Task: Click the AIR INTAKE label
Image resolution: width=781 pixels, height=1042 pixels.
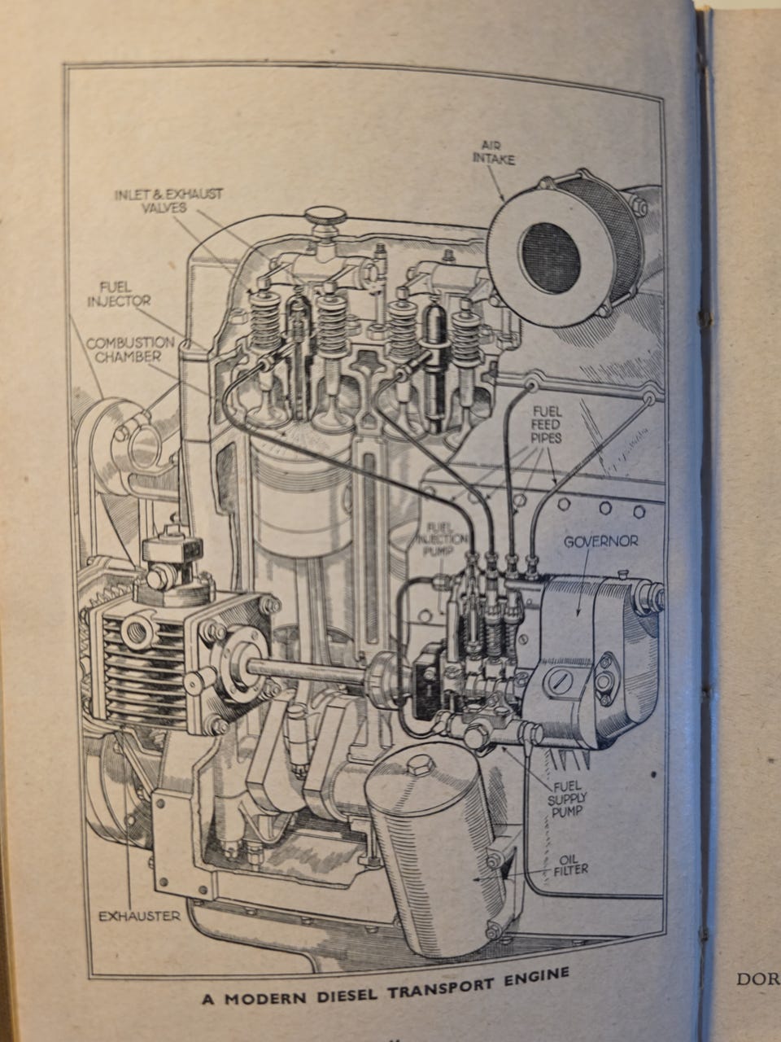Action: pos(494,151)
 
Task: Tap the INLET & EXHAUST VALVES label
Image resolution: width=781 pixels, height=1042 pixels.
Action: pos(168,200)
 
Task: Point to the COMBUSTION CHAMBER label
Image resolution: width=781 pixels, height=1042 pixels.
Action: pos(130,349)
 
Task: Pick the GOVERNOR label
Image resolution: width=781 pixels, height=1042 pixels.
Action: pos(600,541)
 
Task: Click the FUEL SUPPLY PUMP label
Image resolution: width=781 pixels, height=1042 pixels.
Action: pos(567,799)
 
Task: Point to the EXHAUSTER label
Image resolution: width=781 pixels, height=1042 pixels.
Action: pos(139,916)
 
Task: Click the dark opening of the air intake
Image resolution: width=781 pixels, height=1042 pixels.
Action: pos(550,257)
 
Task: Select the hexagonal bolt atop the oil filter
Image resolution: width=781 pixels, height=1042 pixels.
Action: pos(421,765)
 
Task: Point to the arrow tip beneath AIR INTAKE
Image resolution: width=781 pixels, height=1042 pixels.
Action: pos(504,199)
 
